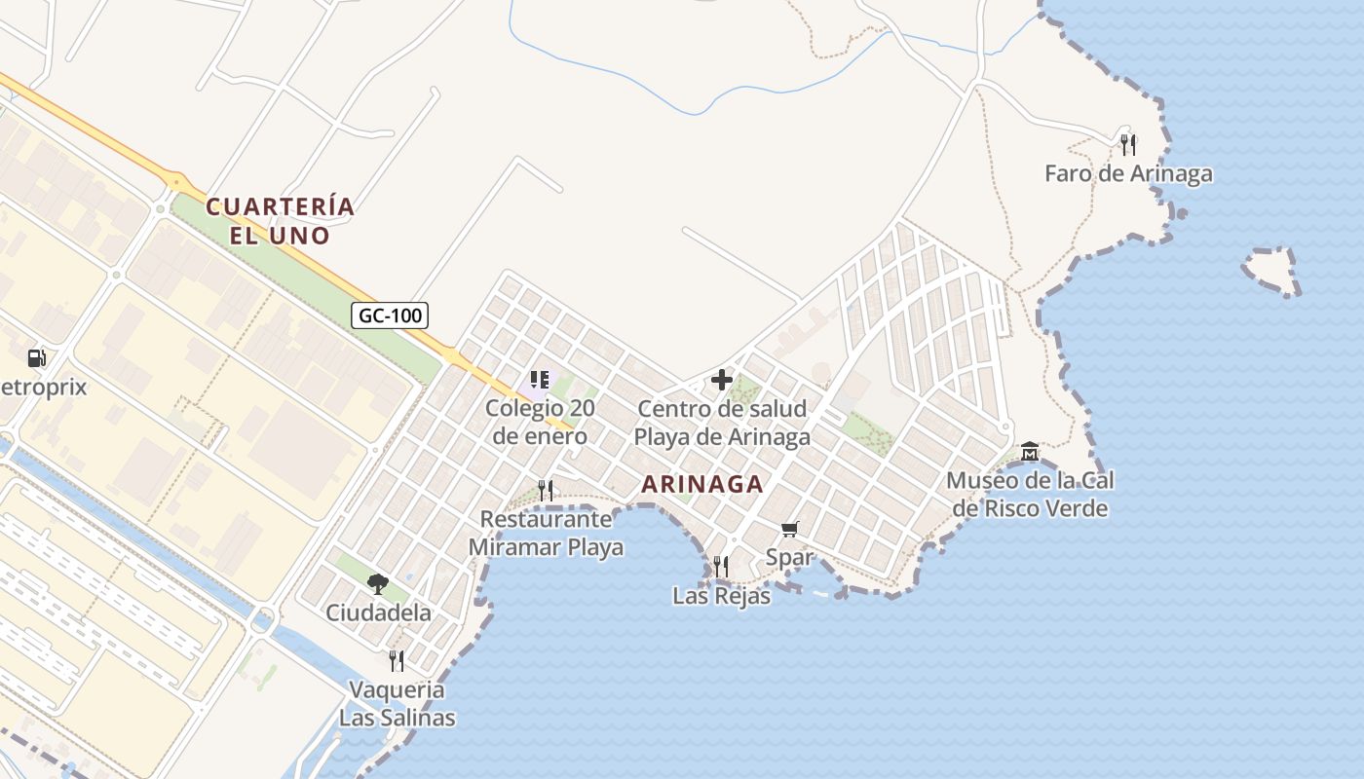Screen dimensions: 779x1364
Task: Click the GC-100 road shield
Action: pos(390,315)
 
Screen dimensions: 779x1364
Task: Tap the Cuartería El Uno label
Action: pos(280,221)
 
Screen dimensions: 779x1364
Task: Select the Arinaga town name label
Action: pos(702,484)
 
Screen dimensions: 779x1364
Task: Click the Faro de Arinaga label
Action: pos(1128,174)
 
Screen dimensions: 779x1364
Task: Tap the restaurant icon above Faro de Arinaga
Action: pos(1128,145)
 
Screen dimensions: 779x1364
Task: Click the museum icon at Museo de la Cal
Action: pos(1030,452)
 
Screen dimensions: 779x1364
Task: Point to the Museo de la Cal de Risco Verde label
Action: pos(1030,495)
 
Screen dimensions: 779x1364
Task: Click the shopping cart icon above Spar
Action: pos(789,529)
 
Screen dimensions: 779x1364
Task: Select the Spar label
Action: pos(789,557)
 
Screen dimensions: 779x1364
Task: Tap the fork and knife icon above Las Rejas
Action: pos(721,566)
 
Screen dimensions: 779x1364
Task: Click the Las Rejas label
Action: pos(721,596)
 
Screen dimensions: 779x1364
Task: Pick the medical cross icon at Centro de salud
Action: pos(722,380)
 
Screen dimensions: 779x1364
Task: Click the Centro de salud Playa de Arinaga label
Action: pos(722,423)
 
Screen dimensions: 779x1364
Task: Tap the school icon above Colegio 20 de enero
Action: pos(540,380)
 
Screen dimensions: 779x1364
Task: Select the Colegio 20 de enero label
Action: pos(540,422)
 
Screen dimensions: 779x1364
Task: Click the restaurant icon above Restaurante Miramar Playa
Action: pos(546,490)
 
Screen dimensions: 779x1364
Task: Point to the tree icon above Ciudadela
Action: pos(378,584)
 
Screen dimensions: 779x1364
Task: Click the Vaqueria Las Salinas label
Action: pos(397,704)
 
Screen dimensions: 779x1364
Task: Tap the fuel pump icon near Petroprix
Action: pos(37,358)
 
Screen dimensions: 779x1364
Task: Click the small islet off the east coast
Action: pos(1272,271)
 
